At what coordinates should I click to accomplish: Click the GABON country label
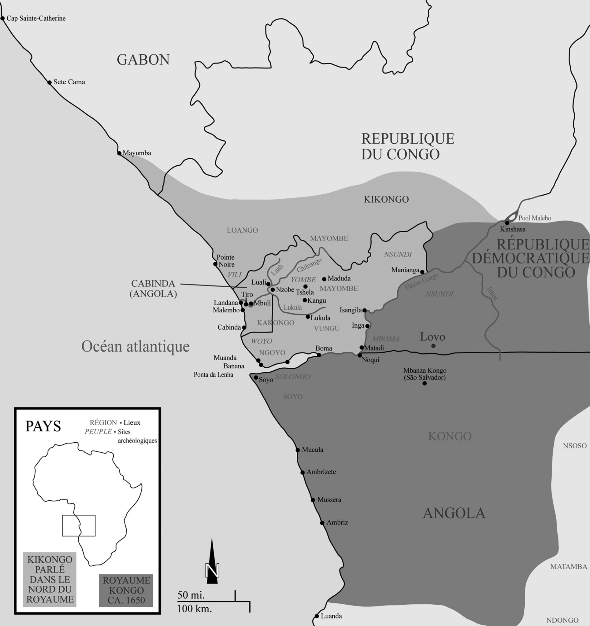pyautogui.click(x=143, y=60)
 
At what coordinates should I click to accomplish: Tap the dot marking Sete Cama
pyautogui.click(x=50, y=83)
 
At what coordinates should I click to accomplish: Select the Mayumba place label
pyautogui.click(x=137, y=153)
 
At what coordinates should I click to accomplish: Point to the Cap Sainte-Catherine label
pyautogui.click(x=36, y=18)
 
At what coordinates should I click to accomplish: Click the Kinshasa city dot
pyautogui.click(x=507, y=223)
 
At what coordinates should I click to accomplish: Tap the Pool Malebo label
pyautogui.click(x=535, y=218)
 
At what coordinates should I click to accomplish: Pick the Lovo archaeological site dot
pyautogui.click(x=433, y=346)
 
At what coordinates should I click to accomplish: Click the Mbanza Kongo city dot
pyautogui.click(x=425, y=383)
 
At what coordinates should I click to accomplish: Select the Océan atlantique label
pyautogui.click(x=135, y=346)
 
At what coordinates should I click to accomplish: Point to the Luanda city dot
pyautogui.click(x=317, y=616)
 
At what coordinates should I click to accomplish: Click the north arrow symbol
pyautogui.click(x=212, y=561)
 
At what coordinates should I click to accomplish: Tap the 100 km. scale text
pyautogui.click(x=195, y=608)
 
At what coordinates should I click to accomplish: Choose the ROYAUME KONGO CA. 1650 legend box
pyautogui.click(x=126, y=591)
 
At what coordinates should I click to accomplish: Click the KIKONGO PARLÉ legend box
pyautogui.click(x=50, y=580)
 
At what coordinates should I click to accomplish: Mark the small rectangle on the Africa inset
pyautogui.click(x=79, y=525)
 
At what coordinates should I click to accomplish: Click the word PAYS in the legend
pyautogui.click(x=43, y=426)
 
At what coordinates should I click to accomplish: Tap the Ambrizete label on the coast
pyautogui.click(x=321, y=472)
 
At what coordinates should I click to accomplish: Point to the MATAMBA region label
pyautogui.click(x=569, y=566)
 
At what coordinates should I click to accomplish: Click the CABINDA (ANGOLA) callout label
pyautogui.click(x=153, y=289)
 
